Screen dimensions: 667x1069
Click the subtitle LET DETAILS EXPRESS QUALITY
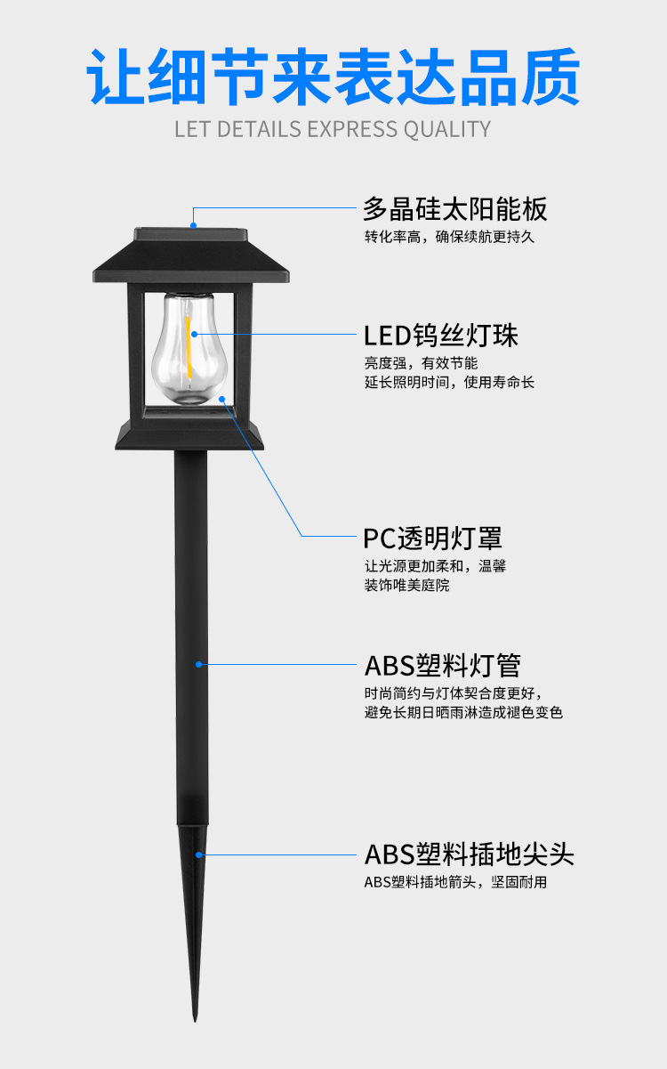coord(333,129)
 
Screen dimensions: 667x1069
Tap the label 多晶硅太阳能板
coord(454,209)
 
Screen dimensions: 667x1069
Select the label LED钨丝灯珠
coord(441,336)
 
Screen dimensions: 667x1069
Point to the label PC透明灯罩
coord(433,538)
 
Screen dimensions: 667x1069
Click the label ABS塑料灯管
coord(442,665)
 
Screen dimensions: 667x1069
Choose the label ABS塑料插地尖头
coord(469,854)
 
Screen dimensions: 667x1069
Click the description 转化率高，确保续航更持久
coord(449,237)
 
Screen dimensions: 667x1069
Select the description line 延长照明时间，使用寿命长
coord(449,382)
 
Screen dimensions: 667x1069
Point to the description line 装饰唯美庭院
coord(406,586)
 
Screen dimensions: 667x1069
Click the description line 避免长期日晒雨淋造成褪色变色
coord(463,712)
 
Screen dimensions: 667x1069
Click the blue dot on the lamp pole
coord(199,664)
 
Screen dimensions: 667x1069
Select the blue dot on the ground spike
coord(200,854)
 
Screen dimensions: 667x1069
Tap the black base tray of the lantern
coord(190,434)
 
